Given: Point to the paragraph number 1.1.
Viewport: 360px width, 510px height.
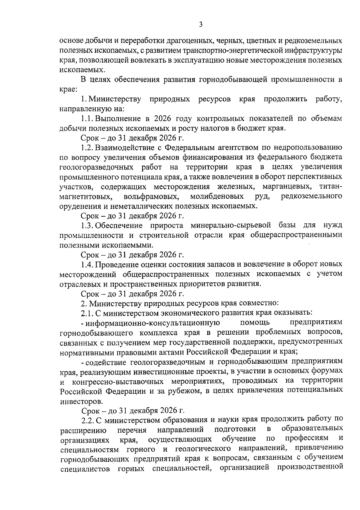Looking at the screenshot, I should [87, 118].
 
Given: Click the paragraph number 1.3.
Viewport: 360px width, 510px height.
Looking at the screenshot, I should [87, 225].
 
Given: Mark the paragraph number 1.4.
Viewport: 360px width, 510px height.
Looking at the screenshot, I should [87, 264].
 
